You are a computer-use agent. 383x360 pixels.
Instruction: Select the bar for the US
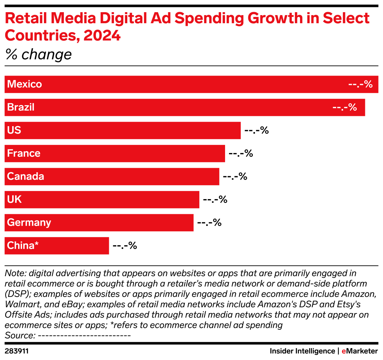tap(123, 131)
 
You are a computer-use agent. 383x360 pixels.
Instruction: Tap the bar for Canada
tap(112, 177)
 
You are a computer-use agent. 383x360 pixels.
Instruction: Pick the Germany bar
tap(99, 223)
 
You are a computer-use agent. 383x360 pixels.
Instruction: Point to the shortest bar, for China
tap(57, 246)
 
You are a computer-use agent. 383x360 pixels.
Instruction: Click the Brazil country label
tap(21, 107)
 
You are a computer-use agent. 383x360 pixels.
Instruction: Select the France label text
tap(24, 153)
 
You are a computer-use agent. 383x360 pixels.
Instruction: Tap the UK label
tap(14, 200)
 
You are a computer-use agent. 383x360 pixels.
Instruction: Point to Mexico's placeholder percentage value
tap(360, 84)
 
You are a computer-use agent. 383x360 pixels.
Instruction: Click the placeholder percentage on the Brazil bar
tap(345, 107)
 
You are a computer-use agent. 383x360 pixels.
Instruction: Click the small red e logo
tap(344, 352)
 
